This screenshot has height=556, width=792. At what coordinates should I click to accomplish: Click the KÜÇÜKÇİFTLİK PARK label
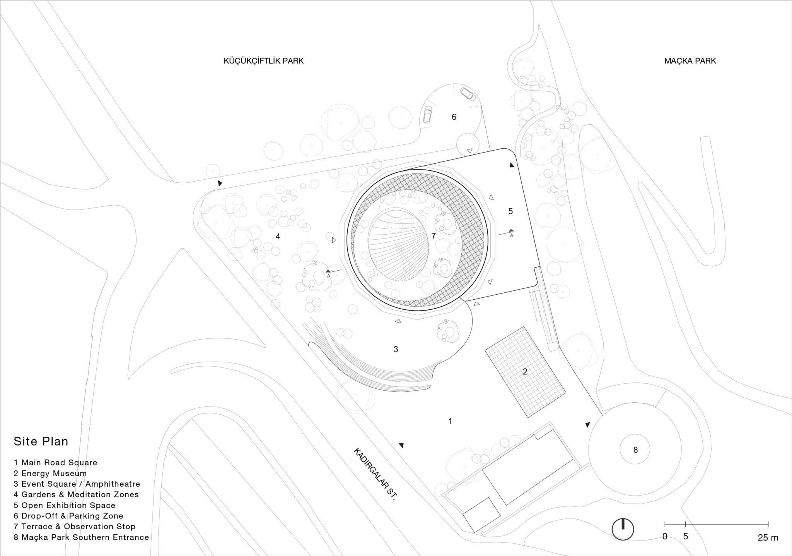263,61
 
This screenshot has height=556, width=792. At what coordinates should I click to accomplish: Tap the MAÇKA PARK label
690,61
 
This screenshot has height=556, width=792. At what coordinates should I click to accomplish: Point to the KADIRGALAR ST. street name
375,480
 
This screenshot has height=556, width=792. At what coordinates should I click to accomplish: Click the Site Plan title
41,441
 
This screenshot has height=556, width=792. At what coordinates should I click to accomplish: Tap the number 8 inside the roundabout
635,450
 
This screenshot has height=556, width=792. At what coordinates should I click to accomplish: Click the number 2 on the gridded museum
525,372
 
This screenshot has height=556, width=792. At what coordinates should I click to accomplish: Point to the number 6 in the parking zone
454,117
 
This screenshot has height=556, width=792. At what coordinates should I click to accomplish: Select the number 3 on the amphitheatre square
396,349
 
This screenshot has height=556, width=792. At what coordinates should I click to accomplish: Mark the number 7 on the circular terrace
434,236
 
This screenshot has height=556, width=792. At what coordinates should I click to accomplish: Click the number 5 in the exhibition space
510,211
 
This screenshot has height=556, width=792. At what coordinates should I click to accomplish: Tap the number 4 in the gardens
278,236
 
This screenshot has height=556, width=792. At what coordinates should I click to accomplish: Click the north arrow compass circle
623,529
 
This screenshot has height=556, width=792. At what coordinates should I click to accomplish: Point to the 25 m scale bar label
768,538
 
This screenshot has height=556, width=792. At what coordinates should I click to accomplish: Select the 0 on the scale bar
665,537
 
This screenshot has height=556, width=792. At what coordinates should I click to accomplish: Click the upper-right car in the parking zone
466,94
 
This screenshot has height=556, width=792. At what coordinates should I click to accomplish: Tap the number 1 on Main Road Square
450,421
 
